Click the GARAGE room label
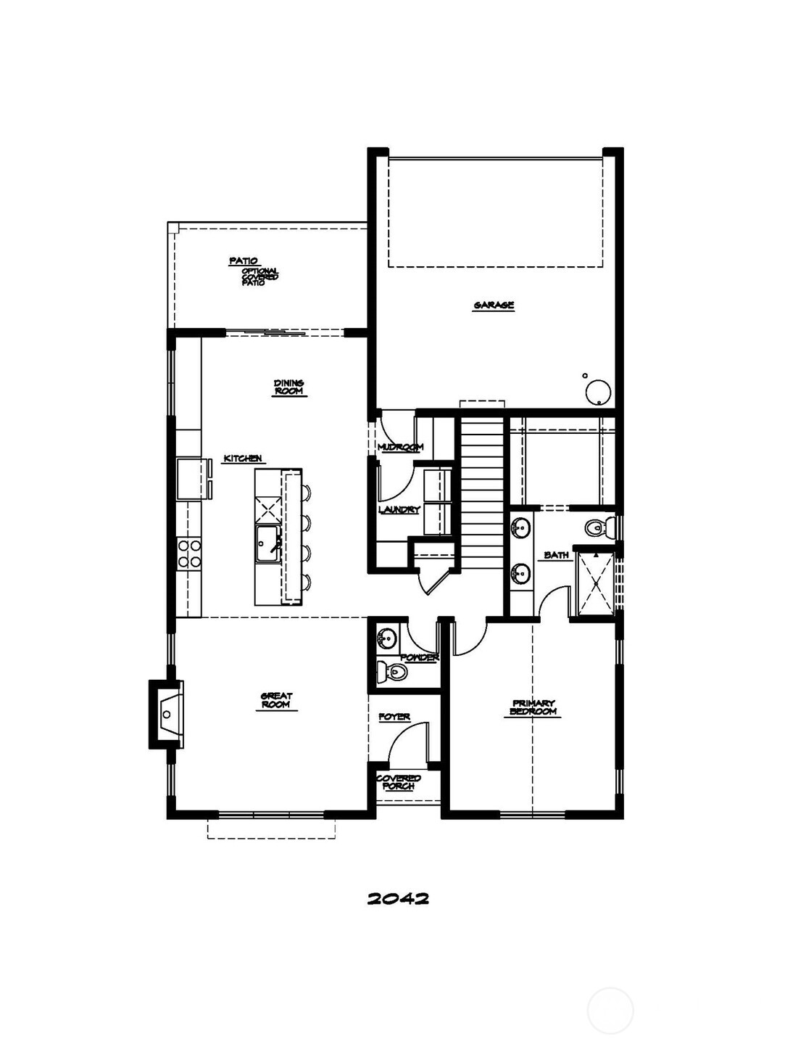coord(494,305)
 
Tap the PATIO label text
coord(244,260)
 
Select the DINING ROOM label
coord(289,387)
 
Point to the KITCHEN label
coord(242,459)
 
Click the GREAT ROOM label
coord(276,700)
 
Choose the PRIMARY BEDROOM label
coord(533,707)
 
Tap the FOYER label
coord(394,717)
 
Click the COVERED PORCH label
coord(398,782)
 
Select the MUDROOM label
coord(400,447)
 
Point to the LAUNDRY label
coord(399,510)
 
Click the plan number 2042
coord(398,898)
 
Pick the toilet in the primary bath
coord(598,527)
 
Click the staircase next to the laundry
coord(481,479)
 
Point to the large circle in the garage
coord(599,392)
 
